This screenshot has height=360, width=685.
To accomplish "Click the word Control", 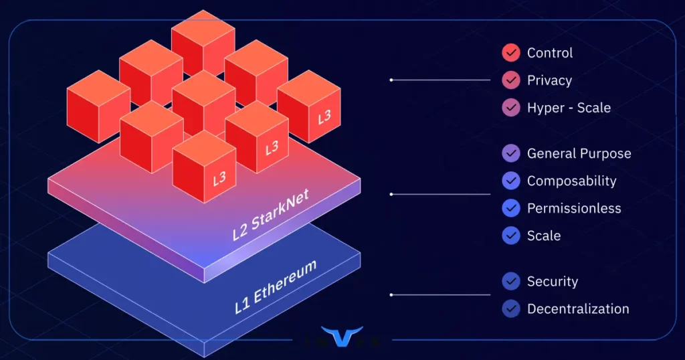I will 550,53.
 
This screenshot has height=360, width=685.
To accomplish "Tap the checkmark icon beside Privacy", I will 511,80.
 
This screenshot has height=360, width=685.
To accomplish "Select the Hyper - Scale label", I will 569,108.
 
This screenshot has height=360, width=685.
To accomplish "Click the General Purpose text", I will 579,154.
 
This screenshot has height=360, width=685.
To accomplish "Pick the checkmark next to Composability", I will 511,181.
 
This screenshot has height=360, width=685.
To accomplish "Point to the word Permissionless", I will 574,209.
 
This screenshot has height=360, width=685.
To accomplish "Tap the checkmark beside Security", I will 511,282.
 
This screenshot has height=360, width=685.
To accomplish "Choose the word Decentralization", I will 578,309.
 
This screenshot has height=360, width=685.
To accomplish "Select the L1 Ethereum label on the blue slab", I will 276,288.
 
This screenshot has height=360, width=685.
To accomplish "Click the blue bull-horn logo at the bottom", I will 342,336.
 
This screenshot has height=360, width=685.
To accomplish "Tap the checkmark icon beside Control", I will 511,53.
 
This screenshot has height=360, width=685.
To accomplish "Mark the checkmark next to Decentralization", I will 511,309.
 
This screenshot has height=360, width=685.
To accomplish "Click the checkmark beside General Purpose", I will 511,154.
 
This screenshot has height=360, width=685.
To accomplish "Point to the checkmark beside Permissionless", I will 511,209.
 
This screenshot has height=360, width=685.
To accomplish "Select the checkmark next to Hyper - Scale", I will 511,108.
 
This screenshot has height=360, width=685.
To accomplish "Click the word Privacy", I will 549,80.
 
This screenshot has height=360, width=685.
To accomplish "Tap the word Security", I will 553,282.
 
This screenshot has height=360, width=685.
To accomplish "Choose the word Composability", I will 572,181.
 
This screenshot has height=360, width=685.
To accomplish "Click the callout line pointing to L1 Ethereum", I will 442,294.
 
